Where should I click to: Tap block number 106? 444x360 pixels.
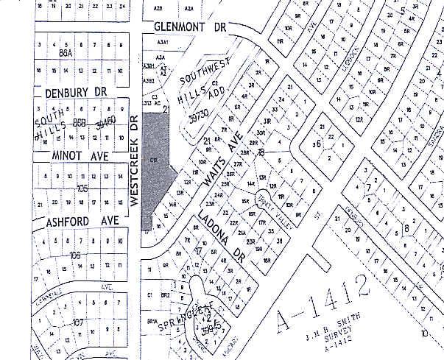pos(74,255)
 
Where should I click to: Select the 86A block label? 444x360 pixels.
pos(67,54)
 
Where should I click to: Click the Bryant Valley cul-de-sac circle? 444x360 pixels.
pos(263,197)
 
